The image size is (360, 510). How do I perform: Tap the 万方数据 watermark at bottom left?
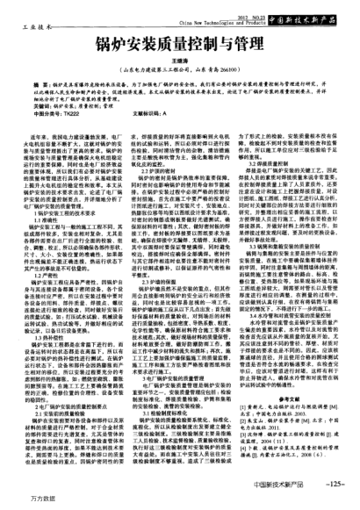pos(19,499)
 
